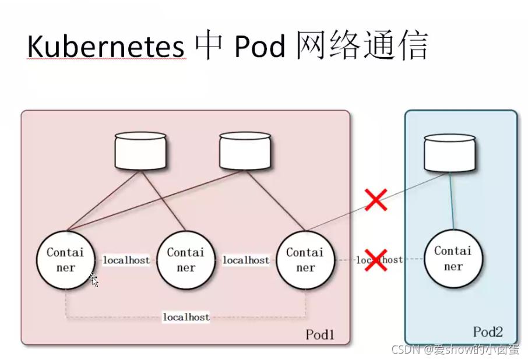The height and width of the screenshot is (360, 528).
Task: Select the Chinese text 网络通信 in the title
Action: pyautogui.click(x=362, y=47)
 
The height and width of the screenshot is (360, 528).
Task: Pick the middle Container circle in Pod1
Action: pyautogui.click(x=185, y=260)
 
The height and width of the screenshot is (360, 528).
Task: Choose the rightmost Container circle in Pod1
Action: pyautogui.click(x=305, y=260)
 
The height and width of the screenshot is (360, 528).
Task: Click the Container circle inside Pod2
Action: pyautogui.click(x=453, y=259)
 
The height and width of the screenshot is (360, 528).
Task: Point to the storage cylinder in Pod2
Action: pyautogui.click(x=449, y=153)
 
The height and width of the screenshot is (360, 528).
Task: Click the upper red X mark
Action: pyautogui.click(x=376, y=199)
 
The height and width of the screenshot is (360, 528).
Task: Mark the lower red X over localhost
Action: pyautogui.click(x=376, y=259)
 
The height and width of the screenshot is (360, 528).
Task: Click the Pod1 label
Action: pyautogui.click(x=320, y=335)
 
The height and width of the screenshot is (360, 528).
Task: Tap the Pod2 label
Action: pyautogui.click(x=488, y=332)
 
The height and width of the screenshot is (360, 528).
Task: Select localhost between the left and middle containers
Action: pyautogui.click(x=126, y=260)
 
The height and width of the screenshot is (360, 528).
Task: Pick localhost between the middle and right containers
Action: pyautogui.click(x=246, y=260)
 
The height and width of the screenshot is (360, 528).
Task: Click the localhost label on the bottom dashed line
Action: pyautogui.click(x=186, y=317)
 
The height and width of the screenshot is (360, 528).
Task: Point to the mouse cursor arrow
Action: pyautogui.click(x=94, y=281)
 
